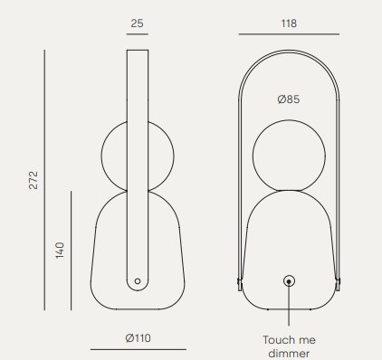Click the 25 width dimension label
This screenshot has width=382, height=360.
(137, 24)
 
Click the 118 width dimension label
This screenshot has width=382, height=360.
(289, 24)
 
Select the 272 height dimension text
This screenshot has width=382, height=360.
(33, 180)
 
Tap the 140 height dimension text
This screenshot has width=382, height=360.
(60, 250)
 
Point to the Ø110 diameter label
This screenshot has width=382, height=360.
(138, 338)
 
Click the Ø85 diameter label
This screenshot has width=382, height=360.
(289, 99)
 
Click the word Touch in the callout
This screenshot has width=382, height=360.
(278, 340)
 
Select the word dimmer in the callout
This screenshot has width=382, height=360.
(289, 354)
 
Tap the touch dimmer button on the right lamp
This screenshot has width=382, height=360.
(289, 281)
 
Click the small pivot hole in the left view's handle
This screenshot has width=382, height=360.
(138, 281)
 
